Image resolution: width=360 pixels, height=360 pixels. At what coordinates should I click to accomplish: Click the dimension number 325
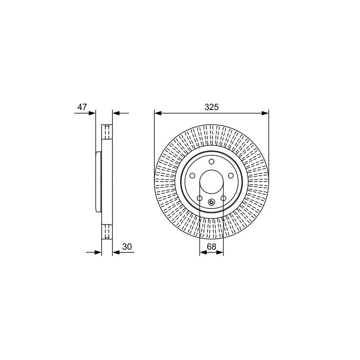[212, 107]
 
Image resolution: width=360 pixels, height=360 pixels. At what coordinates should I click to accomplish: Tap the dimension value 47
[82, 107]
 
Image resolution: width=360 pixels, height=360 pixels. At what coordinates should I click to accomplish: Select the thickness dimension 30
[127, 246]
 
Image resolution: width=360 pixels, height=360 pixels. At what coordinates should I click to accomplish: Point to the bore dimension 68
[212, 246]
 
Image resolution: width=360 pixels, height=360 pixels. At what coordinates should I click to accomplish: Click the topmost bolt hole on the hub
[212, 162]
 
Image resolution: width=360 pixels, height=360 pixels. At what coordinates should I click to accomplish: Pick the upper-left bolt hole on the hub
[192, 176]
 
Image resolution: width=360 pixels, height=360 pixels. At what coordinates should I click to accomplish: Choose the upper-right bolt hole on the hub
[231, 176]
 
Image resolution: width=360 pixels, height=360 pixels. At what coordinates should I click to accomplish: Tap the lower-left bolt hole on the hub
[200, 198]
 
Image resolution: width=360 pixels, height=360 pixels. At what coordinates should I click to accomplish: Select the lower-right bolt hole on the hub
[223, 198]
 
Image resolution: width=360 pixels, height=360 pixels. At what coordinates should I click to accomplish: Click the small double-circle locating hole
[212, 202]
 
